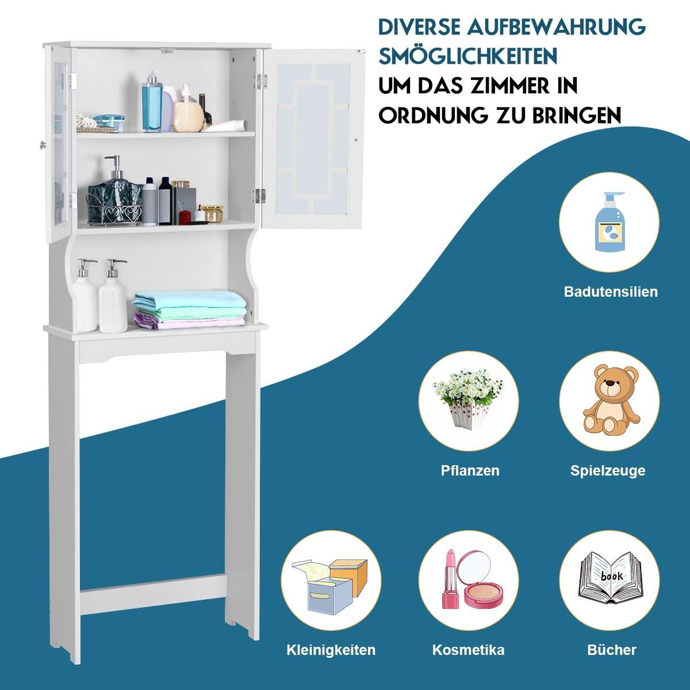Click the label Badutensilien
pyautogui.click(x=611, y=292)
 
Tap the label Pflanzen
pyautogui.click(x=470, y=470)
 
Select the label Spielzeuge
pyautogui.click(x=608, y=471)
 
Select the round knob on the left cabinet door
pyautogui.click(x=43, y=145)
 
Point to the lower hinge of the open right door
pyautogui.click(x=258, y=195)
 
